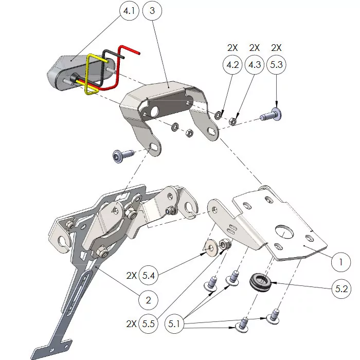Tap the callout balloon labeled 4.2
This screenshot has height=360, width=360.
(x=232, y=65)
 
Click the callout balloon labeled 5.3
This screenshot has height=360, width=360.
(x=276, y=65)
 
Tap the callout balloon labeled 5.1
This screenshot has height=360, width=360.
(x=176, y=325)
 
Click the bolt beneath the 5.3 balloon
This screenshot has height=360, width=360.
(x=272, y=115)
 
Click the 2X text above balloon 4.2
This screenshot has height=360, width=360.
(x=232, y=48)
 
